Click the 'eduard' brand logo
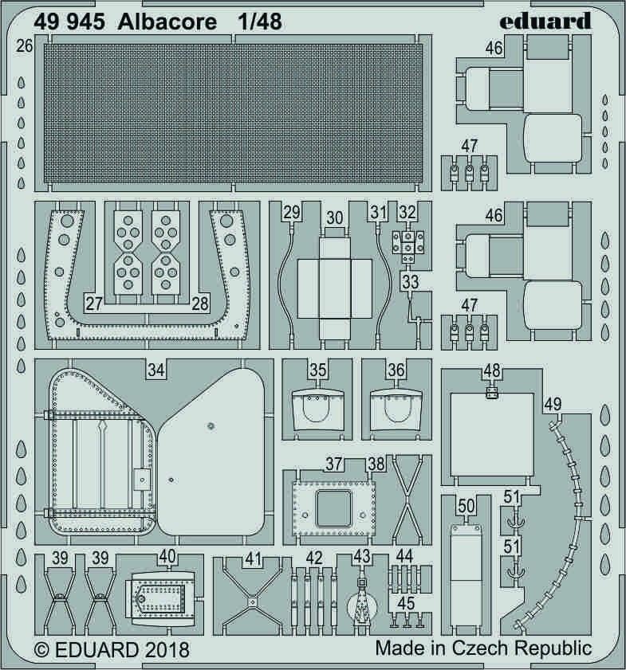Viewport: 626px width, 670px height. click(545, 20)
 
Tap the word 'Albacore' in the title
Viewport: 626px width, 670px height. click(167, 22)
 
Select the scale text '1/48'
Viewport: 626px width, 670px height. click(261, 22)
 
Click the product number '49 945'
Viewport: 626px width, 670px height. click(69, 22)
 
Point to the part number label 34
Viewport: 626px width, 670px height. click(156, 370)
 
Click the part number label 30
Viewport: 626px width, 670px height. click(335, 218)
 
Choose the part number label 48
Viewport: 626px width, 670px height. click(492, 371)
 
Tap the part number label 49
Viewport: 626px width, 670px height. click(553, 404)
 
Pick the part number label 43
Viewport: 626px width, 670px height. click(361, 556)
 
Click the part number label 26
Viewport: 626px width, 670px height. click(25, 45)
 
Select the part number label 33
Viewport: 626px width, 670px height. click(411, 282)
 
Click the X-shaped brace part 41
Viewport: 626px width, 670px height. click(253, 601)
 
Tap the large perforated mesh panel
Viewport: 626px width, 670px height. click(233, 113)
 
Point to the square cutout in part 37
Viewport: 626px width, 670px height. click(333, 508)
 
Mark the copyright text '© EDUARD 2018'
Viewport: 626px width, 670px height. click(112, 650)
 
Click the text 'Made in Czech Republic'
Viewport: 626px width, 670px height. click(483, 648)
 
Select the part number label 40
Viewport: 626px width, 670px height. click(167, 556)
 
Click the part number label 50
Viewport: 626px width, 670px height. click(466, 507)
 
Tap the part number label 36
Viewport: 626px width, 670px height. click(396, 370)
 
